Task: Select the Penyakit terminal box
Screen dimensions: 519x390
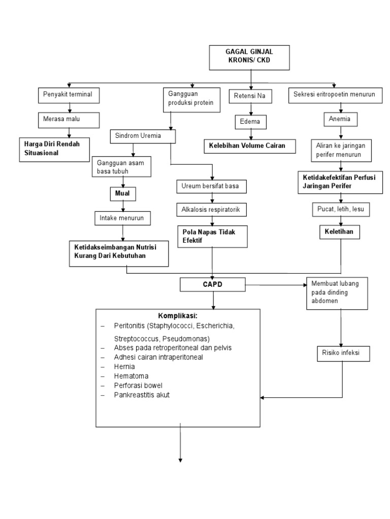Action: [x=69, y=94]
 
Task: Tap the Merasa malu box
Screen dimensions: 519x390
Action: [x=69, y=120]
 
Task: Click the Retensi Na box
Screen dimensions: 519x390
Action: [x=250, y=95]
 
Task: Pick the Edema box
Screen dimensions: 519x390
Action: [x=250, y=122]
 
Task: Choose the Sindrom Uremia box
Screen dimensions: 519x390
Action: [x=143, y=137]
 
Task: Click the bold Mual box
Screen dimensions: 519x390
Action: [x=121, y=194]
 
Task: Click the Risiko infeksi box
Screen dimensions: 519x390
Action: [x=340, y=353]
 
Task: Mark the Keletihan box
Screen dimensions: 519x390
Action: [x=339, y=232]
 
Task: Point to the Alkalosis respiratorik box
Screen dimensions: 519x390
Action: [x=213, y=209]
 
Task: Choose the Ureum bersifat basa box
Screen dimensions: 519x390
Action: [x=213, y=186]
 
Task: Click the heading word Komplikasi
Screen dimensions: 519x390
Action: [x=178, y=316]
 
